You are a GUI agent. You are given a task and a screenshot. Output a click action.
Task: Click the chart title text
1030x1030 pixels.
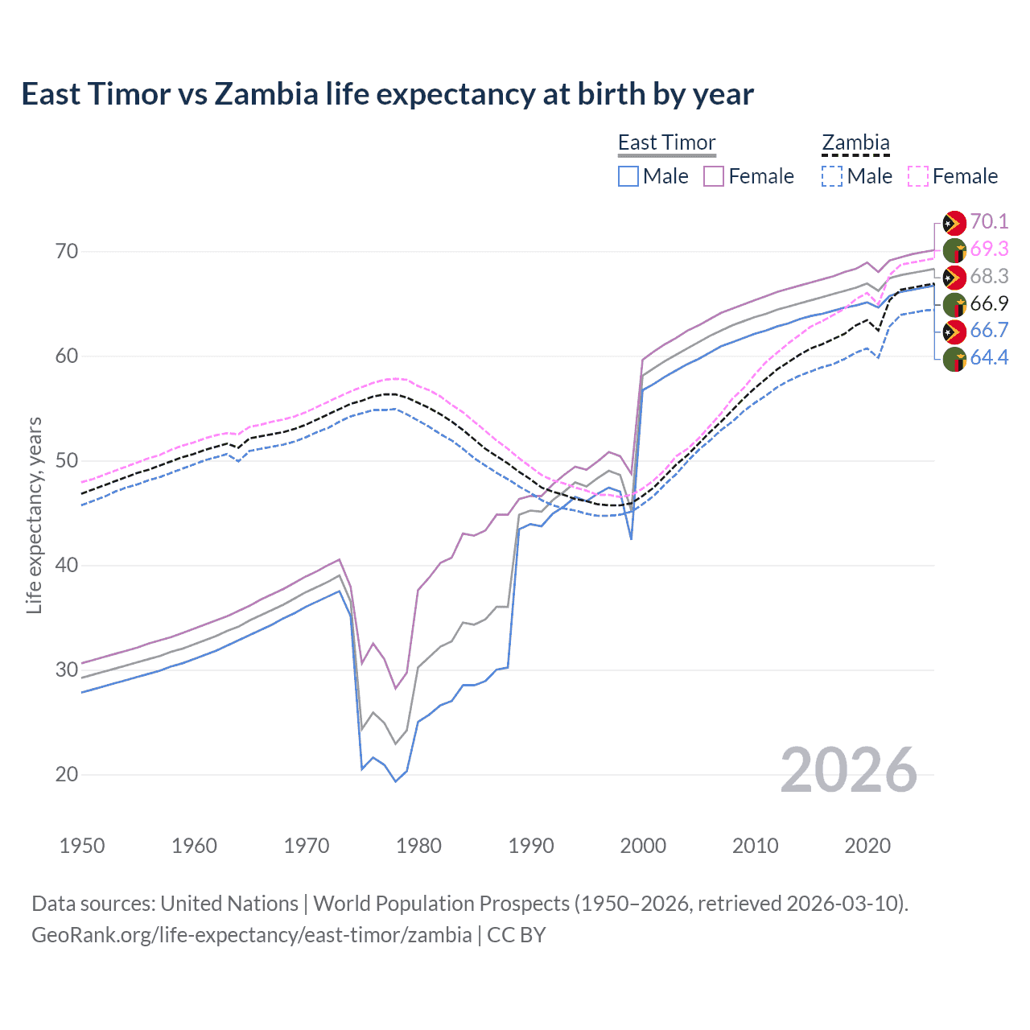pyautogui.click(x=387, y=94)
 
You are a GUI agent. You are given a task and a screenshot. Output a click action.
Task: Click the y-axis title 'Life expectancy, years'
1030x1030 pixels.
pyautogui.click(x=34, y=515)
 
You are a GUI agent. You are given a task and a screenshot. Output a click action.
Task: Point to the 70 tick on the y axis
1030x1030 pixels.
pyautogui.click(x=68, y=251)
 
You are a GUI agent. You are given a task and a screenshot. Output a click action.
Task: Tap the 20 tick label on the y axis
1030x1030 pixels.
pyautogui.click(x=68, y=774)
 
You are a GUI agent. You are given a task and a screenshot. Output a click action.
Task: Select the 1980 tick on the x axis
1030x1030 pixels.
pyautogui.click(x=418, y=846)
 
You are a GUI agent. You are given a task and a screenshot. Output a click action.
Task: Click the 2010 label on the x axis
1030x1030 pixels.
pyautogui.click(x=755, y=846)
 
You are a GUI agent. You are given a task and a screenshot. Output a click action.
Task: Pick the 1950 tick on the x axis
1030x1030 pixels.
pyautogui.click(x=82, y=846)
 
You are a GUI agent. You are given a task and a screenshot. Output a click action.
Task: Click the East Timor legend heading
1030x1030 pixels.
pyautogui.click(x=666, y=142)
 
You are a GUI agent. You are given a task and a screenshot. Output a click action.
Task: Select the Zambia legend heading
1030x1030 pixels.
pyautogui.click(x=855, y=142)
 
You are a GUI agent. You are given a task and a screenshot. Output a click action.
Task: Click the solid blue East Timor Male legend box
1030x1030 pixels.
pyautogui.click(x=628, y=176)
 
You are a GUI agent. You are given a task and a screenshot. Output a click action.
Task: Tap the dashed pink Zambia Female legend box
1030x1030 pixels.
pyautogui.click(x=918, y=176)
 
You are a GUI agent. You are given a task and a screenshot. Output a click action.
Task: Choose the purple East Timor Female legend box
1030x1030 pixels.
pyautogui.click(x=714, y=176)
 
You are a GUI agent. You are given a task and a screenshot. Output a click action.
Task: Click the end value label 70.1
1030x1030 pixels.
pyautogui.click(x=989, y=221)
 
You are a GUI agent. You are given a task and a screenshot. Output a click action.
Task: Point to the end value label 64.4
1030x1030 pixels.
pyautogui.click(x=989, y=357)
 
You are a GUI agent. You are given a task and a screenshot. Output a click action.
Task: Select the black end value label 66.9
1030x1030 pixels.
pyautogui.click(x=989, y=303)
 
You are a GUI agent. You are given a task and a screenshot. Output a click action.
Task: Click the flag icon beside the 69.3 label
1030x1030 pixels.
pyautogui.click(x=954, y=249)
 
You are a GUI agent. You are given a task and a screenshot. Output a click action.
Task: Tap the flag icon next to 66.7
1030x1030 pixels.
pyautogui.click(x=954, y=331)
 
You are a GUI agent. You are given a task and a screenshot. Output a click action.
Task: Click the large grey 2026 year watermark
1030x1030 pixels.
pyautogui.click(x=848, y=770)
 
